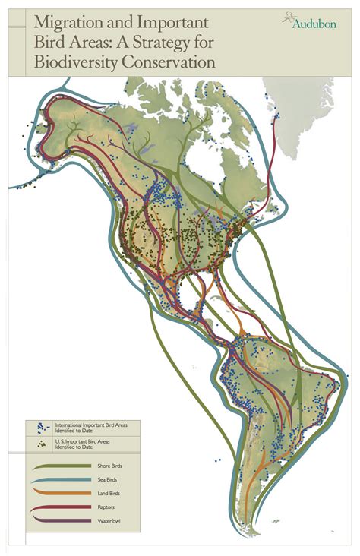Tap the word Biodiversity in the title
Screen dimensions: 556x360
click(71, 62)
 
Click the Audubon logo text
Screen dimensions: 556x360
click(313, 24)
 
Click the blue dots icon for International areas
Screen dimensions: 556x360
click(38, 427)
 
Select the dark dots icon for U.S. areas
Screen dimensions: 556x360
click(38, 441)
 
